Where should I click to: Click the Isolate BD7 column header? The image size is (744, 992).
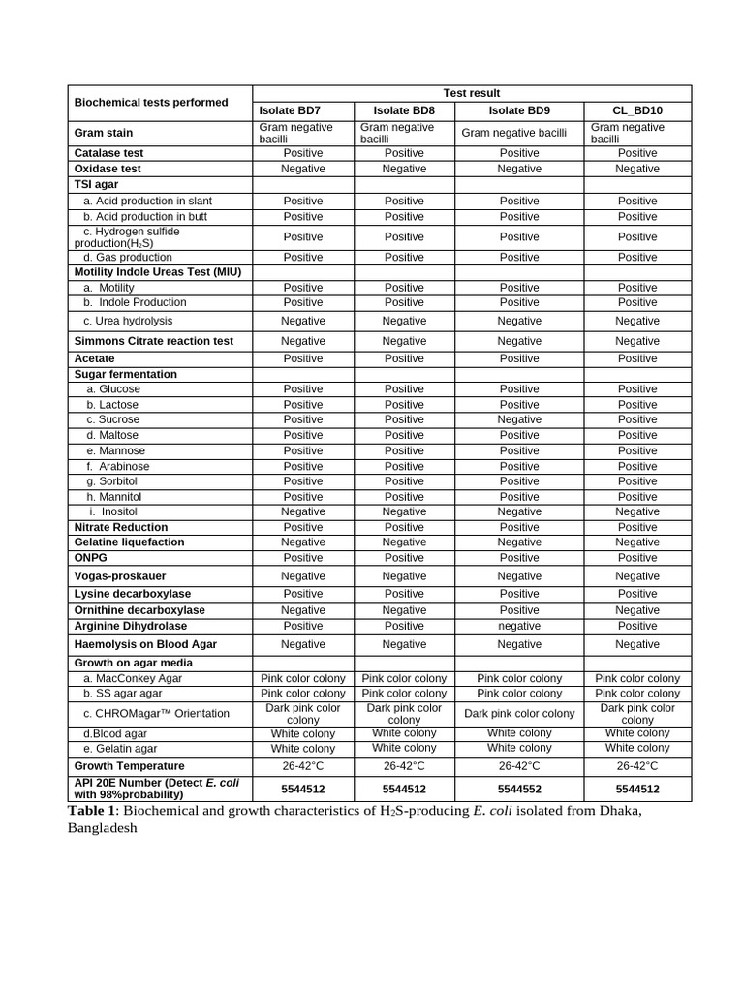tap(302, 110)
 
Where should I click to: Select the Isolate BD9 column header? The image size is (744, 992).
tap(519, 110)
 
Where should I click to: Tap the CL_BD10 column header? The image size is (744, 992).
tap(636, 110)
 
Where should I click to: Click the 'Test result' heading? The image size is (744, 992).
tap(472, 93)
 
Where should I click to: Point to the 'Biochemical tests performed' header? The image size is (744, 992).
tap(151, 102)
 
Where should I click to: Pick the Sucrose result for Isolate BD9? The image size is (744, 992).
tap(519, 419)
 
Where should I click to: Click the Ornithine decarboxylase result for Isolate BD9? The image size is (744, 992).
tap(519, 610)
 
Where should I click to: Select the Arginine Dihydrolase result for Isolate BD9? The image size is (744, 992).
tap(519, 626)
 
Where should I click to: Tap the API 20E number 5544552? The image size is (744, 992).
tap(519, 789)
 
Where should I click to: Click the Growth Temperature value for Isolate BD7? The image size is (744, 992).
tap(302, 765)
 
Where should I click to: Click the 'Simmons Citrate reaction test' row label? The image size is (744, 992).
tap(154, 341)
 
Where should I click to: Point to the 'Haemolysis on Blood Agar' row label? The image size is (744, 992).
tap(145, 644)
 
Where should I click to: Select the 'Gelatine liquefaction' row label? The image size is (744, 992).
tap(129, 542)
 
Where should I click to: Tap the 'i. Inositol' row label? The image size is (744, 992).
tap(113, 511)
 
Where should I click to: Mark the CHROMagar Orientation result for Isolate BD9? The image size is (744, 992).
tap(519, 714)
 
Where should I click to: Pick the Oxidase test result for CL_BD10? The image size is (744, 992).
tap(636, 169)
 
